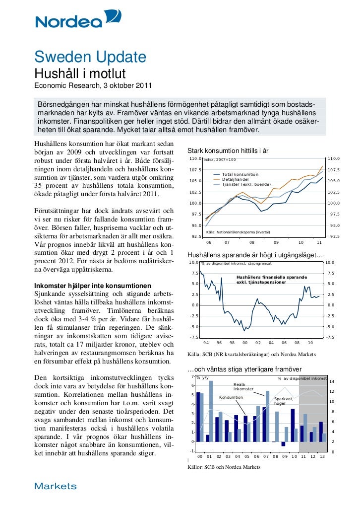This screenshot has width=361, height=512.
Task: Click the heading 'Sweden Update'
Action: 90,58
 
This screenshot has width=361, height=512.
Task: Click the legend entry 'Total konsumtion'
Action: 240,174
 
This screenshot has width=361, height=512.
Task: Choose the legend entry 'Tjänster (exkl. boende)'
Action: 246,184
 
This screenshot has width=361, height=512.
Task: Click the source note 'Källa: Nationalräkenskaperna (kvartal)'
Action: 238,232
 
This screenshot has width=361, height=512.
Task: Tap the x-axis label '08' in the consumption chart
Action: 252,242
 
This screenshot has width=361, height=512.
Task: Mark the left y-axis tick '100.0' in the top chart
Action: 194,203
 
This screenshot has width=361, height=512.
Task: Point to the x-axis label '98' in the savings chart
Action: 232,343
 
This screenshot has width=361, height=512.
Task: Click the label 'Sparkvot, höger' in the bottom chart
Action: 284,401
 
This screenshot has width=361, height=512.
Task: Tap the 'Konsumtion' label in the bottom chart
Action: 231,398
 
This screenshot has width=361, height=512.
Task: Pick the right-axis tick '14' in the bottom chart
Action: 332,381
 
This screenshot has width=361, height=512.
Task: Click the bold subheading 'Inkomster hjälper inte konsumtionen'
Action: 92,286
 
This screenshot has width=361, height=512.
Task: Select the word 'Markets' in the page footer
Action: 55,486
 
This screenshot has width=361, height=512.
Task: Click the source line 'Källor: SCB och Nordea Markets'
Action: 223,467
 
